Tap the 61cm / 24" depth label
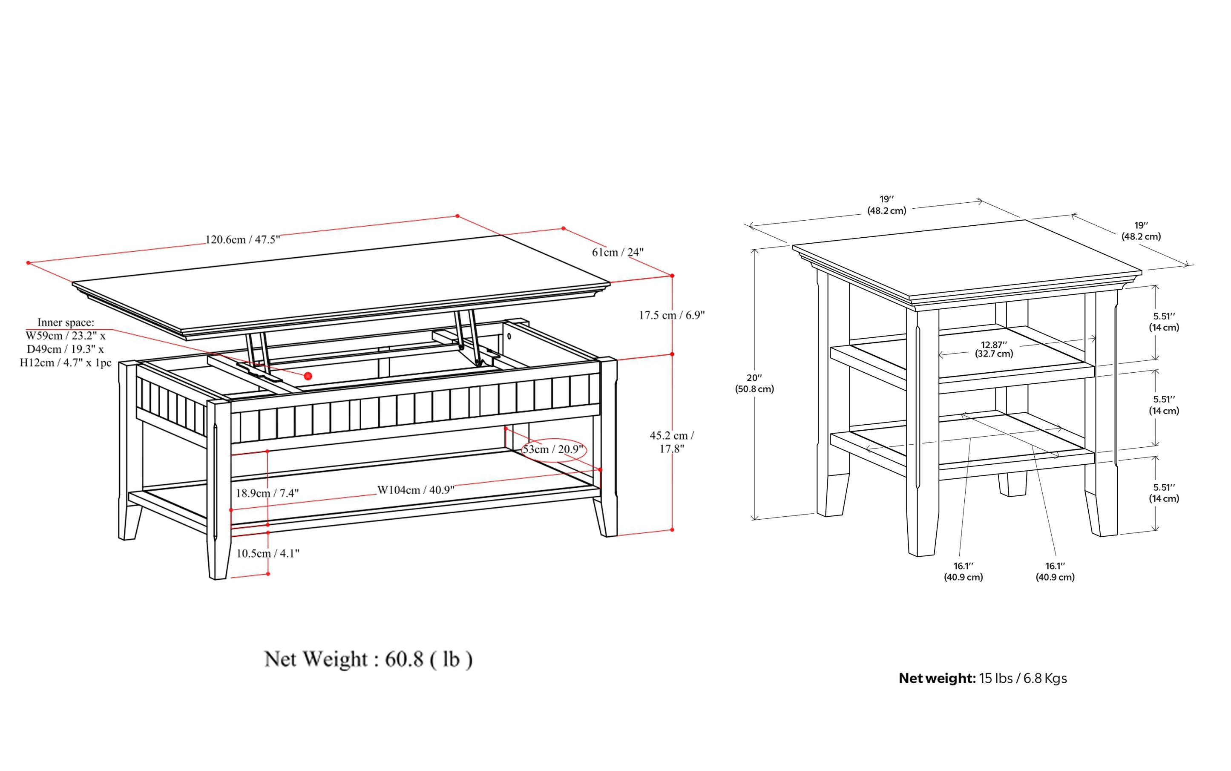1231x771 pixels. (x=618, y=252)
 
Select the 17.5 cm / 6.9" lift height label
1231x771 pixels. (x=672, y=315)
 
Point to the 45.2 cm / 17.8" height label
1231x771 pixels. (x=672, y=442)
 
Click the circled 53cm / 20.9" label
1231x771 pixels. (x=553, y=449)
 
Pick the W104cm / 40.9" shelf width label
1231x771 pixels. (x=416, y=490)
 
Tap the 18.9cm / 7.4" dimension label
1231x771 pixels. (x=267, y=493)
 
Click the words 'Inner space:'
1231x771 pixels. (x=66, y=322)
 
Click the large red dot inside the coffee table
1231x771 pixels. (x=308, y=376)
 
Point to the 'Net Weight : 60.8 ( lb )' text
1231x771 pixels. (x=368, y=659)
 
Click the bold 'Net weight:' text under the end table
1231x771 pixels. (x=937, y=678)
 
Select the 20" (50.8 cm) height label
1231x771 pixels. (x=754, y=383)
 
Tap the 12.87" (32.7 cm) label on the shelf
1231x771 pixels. (x=994, y=349)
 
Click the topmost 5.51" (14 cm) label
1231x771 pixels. (x=1164, y=322)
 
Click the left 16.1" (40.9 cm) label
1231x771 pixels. (x=963, y=572)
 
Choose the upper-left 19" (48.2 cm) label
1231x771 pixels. (x=887, y=205)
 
